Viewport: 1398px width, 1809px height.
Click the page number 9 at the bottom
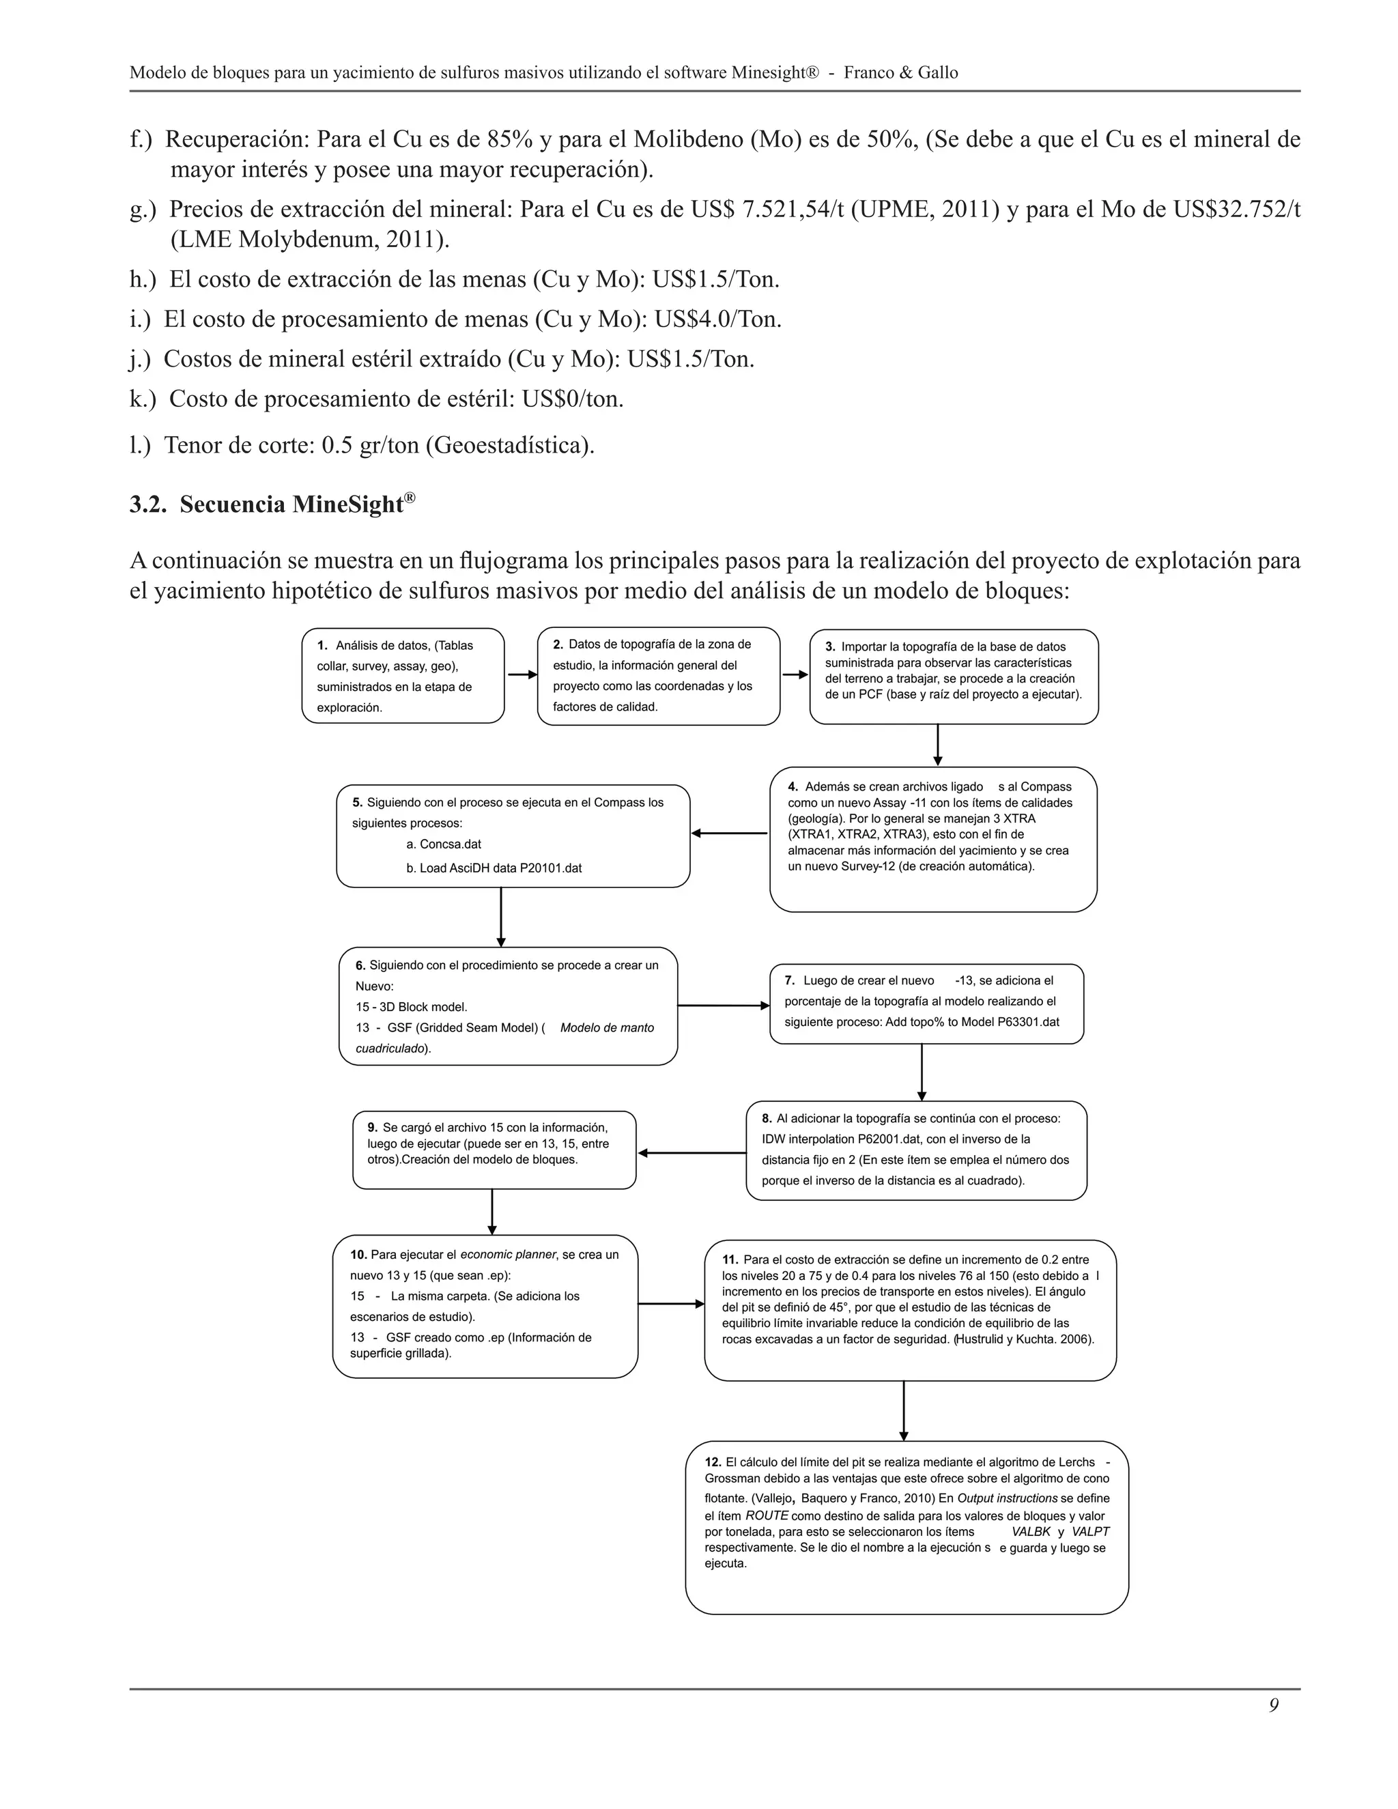tap(1273, 1705)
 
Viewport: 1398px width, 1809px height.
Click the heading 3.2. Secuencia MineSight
tap(272, 504)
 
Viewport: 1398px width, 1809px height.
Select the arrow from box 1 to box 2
tap(522, 675)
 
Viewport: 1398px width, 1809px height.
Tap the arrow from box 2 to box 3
tap(795, 675)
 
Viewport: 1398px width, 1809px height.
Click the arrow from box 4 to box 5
tap(730, 834)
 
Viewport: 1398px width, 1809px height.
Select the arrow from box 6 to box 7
tap(724, 1006)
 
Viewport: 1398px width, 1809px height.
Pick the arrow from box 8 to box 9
tap(691, 1153)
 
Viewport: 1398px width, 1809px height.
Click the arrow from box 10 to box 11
tap(671, 1305)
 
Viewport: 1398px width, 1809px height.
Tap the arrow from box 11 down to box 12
tap(904, 1410)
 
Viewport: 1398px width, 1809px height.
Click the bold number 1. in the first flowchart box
tap(322, 645)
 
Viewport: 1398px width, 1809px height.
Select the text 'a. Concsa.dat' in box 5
tap(444, 844)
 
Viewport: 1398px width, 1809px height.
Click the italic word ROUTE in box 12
tap(767, 1515)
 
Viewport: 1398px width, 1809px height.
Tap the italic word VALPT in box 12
tap(1090, 1532)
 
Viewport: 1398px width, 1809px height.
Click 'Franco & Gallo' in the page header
tap(900, 73)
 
